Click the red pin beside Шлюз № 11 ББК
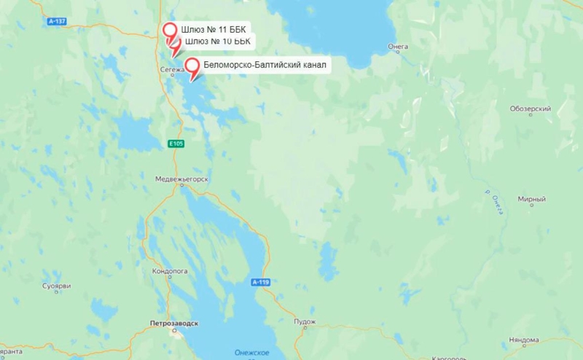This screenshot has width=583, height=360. pos(171,31)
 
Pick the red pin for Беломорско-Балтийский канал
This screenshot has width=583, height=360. pos(193,67)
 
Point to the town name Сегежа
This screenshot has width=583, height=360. pos(172,69)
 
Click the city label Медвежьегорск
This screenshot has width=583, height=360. pos(181,179)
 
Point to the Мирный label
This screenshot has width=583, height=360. pos(531,199)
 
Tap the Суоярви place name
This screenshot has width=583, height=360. pos(55,286)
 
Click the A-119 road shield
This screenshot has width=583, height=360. pos(260,282)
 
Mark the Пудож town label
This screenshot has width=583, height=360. pos(305,321)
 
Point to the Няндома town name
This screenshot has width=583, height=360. pos(525,340)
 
